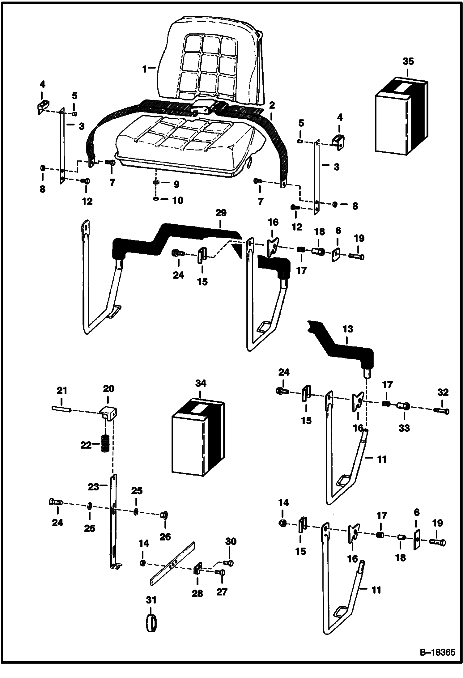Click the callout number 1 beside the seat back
click(144, 69)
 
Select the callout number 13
click(347, 329)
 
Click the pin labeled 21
click(62, 409)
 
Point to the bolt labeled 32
click(442, 411)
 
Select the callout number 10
click(177, 200)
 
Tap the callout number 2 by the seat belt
click(272, 105)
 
